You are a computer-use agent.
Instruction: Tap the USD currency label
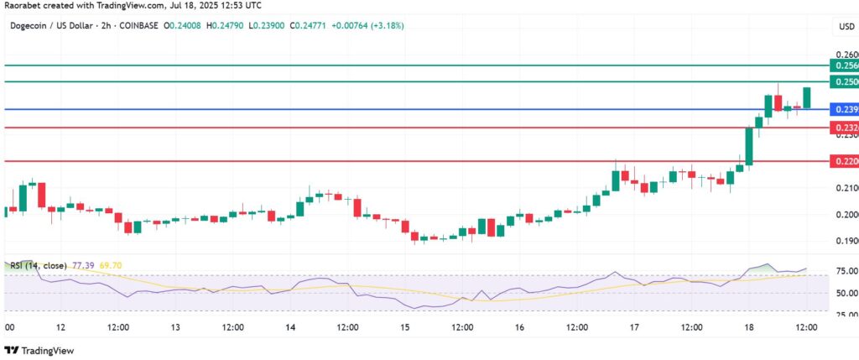pyautogui.click(x=846, y=27)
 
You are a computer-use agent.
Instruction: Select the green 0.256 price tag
pyautogui.click(x=843, y=65)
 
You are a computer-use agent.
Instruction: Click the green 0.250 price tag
pyautogui.click(x=843, y=81)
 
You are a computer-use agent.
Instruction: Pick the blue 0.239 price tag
pyautogui.click(x=843, y=109)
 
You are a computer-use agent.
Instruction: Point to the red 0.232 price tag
pyautogui.click(x=843, y=128)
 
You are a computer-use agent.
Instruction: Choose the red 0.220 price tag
pyautogui.click(x=843, y=160)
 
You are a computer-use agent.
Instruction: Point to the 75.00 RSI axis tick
pyautogui.click(x=846, y=272)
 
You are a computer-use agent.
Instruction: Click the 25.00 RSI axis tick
pyautogui.click(x=846, y=314)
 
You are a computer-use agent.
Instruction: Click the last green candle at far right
pyautogui.click(x=807, y=97)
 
